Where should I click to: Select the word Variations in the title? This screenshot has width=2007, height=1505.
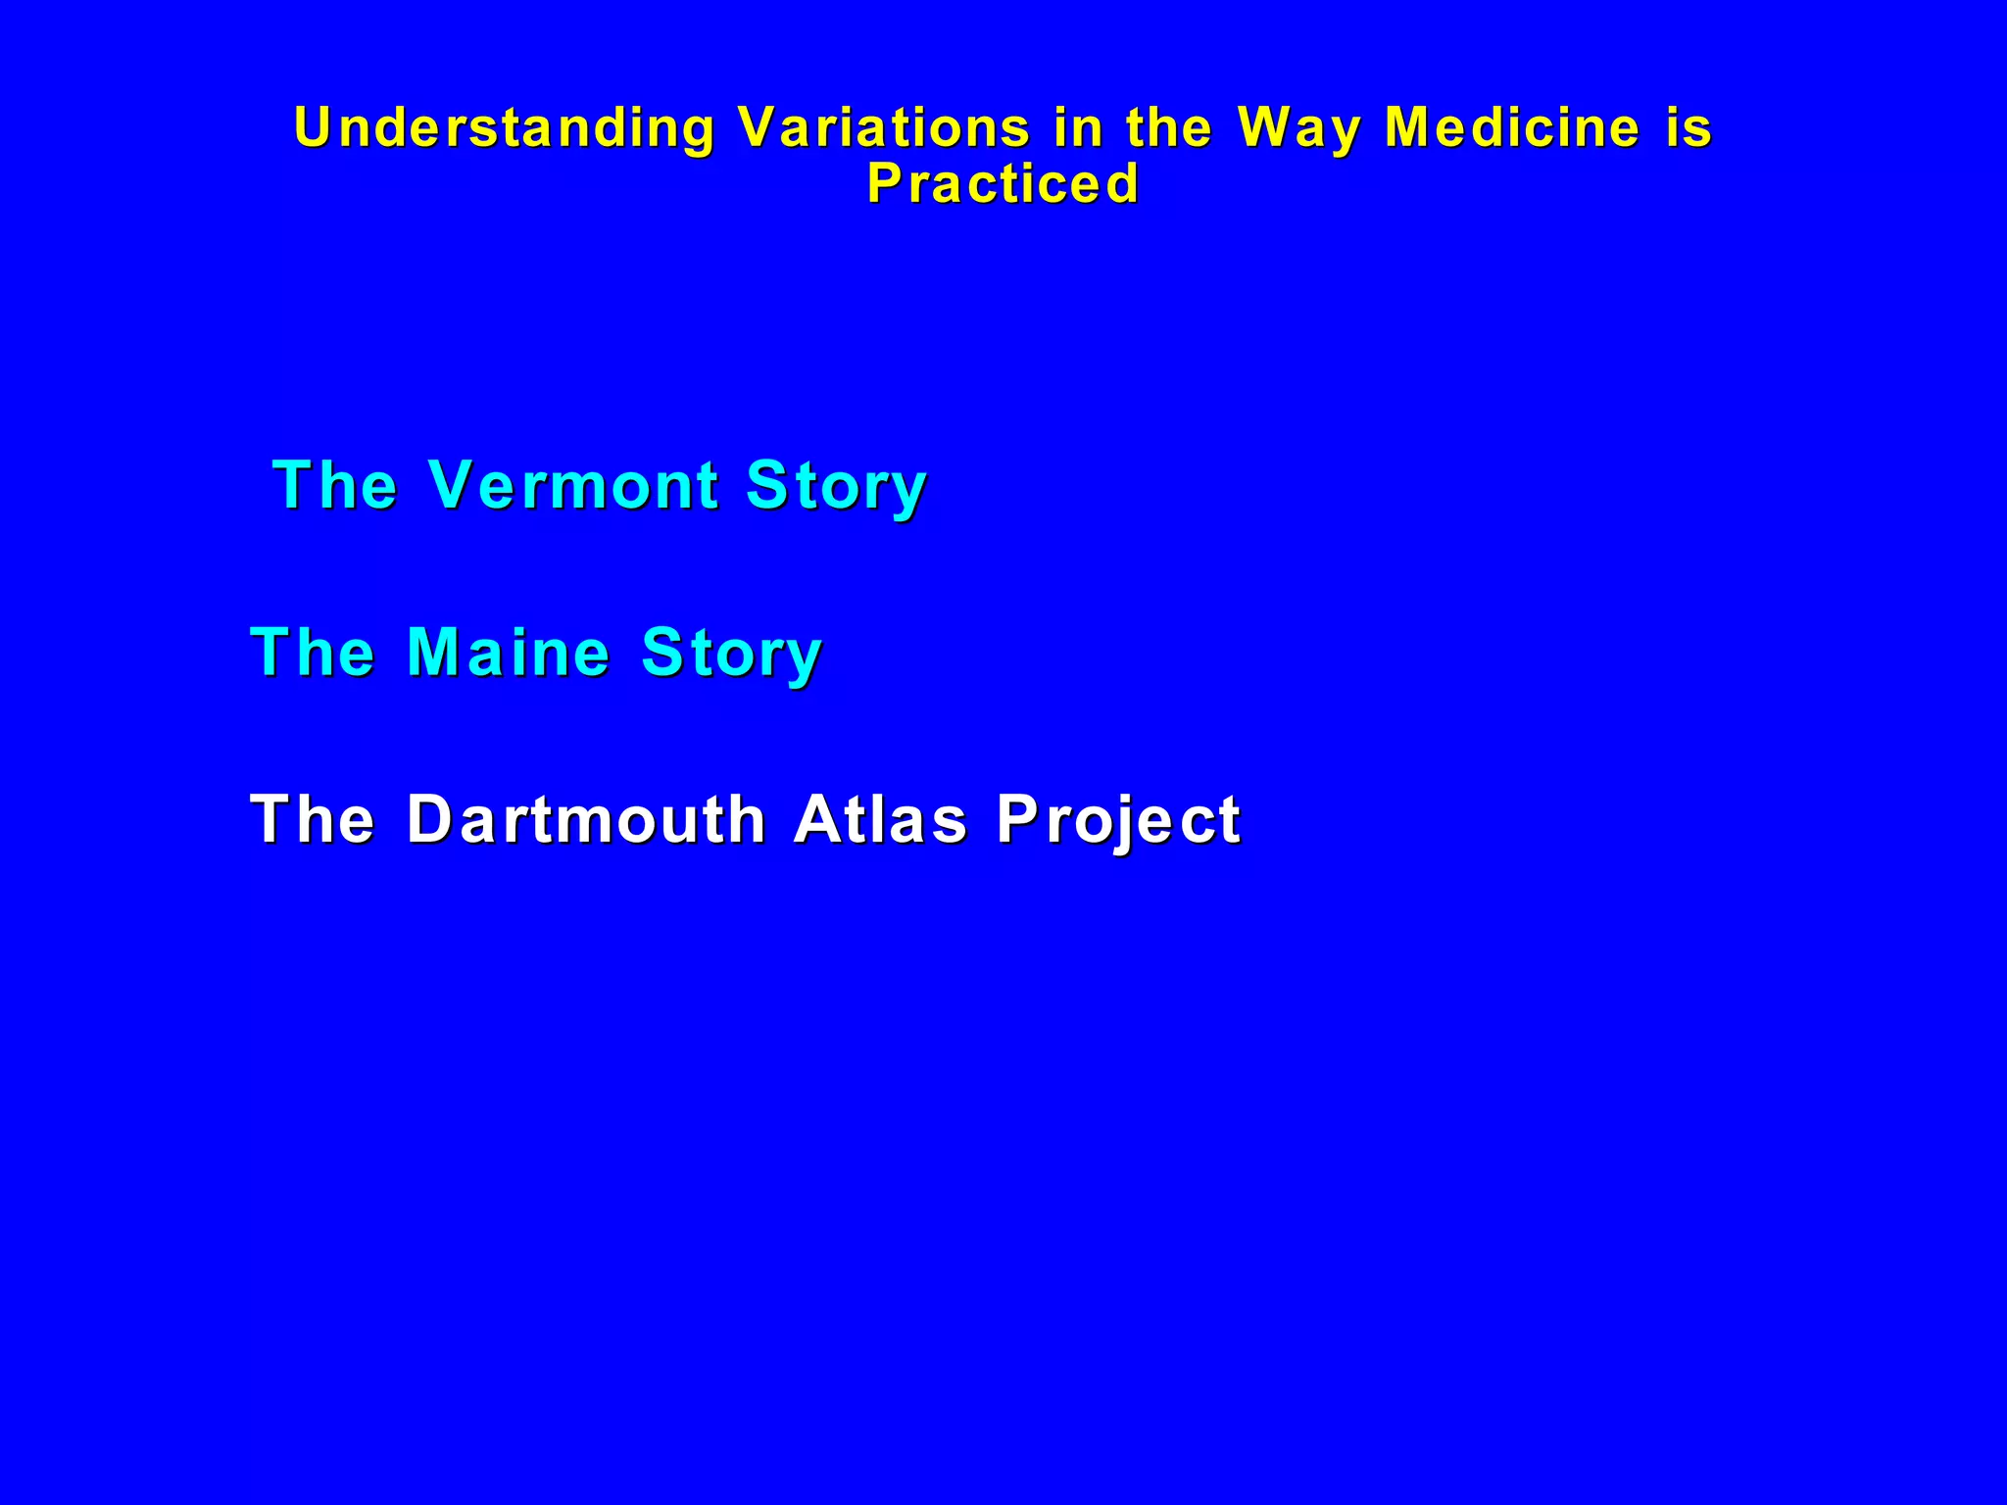click(884, 127)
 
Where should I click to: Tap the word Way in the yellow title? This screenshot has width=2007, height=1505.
click(1298, 129)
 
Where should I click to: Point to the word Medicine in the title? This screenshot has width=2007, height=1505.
click(1512, 127)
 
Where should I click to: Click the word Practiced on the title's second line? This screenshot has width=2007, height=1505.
click(1003, 184)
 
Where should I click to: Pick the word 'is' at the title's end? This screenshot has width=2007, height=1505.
click(1689, 127)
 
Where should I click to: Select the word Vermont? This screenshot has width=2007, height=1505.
click(574, 485)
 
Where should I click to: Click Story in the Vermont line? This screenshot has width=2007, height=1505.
click(835, 487)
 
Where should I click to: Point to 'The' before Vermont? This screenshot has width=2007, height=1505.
click(334, 485)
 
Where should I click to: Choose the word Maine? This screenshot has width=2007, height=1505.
click(509, 653)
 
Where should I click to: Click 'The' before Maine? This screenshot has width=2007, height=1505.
click(313, 653)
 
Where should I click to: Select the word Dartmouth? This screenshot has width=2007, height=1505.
click(585, 819)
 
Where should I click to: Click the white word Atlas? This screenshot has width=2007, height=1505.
click(880, 819)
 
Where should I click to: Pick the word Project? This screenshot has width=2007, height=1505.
click(1118, 821)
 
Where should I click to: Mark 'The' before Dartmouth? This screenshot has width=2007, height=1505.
click(313, 819)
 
